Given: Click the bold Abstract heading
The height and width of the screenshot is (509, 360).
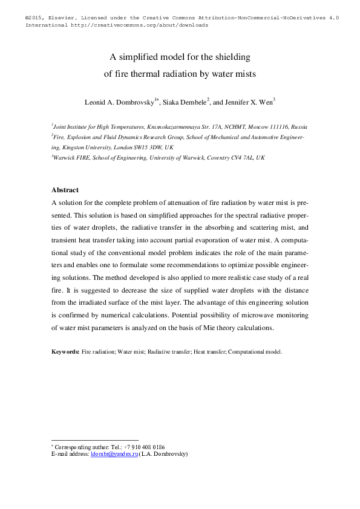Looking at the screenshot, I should pos(65,190).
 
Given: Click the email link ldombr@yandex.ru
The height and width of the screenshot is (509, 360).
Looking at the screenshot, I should pos(114,453).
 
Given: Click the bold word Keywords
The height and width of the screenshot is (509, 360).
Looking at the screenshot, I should pos(65,351).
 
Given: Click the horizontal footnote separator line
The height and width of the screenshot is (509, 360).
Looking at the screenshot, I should pos(95,440).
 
